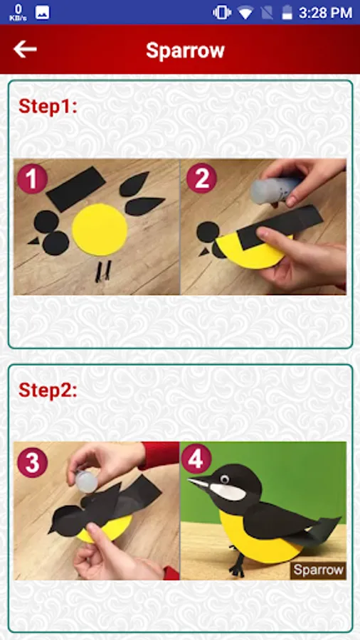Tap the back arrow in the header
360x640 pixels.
25,49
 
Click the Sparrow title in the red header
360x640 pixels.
185,50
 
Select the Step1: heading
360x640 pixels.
48,107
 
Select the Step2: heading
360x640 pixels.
48,390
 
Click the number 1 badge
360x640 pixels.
32,178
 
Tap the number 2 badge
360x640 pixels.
202,178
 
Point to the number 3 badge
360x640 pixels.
32,462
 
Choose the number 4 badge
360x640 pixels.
196,459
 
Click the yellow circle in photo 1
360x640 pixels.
100,230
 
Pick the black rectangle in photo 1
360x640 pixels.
76,189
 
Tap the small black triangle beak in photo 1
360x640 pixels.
34,241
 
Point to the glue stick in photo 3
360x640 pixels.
86,481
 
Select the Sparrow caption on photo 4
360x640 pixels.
318,570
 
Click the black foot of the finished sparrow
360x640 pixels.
236,564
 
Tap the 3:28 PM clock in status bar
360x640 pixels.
325,13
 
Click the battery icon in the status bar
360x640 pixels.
287,12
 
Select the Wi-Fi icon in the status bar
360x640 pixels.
245,13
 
